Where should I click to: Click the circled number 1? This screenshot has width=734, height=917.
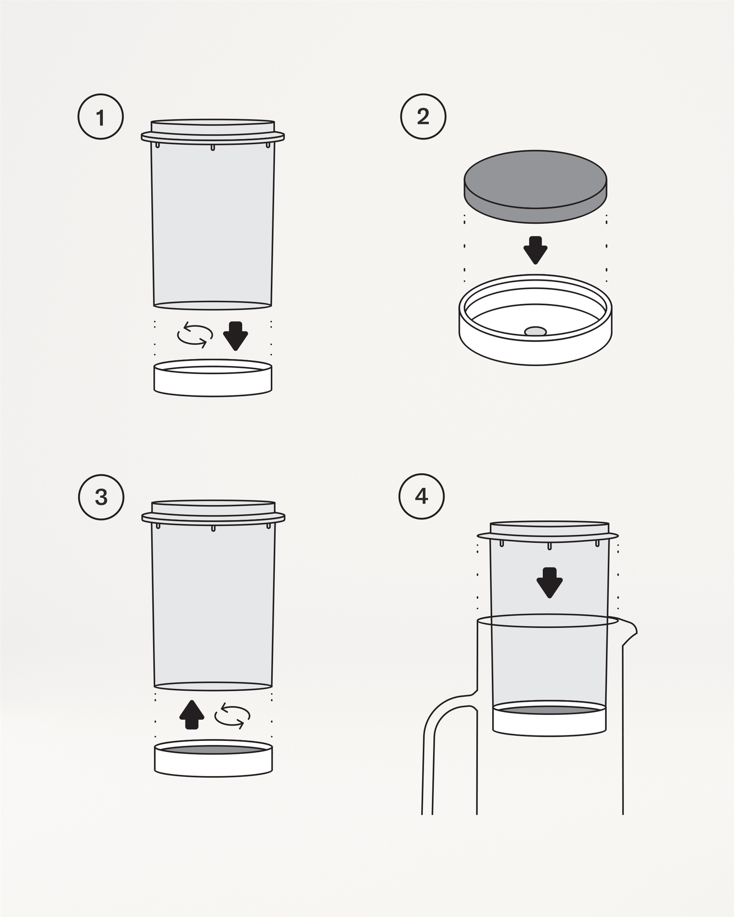click(x=100, y=117)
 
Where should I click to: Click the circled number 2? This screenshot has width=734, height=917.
click(x=423, y=117)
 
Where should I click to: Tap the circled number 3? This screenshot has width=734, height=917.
click(x=101, y=497)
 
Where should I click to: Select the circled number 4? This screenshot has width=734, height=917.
click(x=421, y=496)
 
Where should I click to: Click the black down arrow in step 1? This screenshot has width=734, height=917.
click(x=235, y=335)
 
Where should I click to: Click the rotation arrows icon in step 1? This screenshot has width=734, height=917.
click(x=195, y=335)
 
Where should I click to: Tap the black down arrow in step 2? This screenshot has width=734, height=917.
click(x=535, y=250)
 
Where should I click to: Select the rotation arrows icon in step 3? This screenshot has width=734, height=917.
click(x=232, y=716)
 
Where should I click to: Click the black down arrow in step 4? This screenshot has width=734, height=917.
click(x=549, y=582)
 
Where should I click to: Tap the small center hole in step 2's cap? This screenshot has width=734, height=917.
click(x=535, y=331)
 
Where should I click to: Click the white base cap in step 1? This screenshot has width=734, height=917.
click(x=213, y=382)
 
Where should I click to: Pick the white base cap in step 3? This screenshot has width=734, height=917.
click(x=213, y=764)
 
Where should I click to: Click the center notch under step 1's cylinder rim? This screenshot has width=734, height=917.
click(x=213, y=148)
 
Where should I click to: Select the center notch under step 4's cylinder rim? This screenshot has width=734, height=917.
click(x=549, y=546)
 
